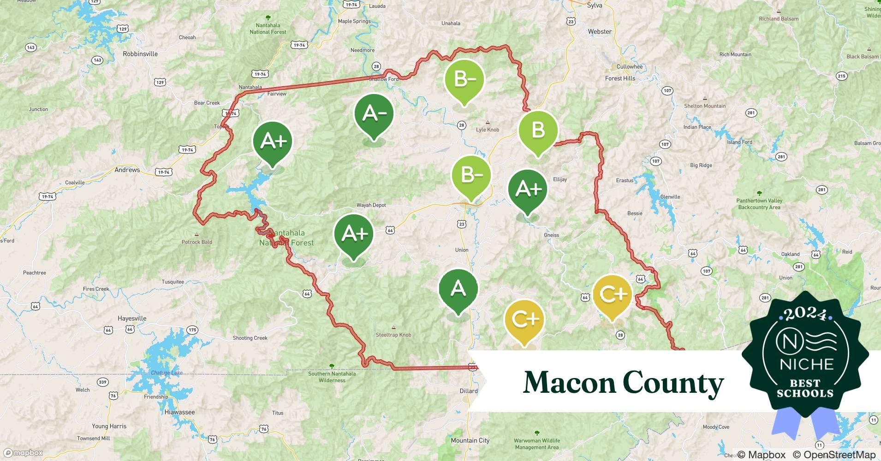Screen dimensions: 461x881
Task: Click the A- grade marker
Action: coord(374,114)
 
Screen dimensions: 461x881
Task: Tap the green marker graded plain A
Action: coord(458,289)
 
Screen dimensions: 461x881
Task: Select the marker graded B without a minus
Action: coord(538,131)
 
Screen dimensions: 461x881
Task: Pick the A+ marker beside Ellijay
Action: coord(528,189)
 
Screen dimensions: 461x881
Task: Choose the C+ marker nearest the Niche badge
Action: coord(612,294)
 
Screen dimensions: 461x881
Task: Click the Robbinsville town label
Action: coord(140,54)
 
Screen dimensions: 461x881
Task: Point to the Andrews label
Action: coord(127,170)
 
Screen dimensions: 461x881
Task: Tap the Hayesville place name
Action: coord(132,319)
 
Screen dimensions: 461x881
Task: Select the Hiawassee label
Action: coord(179,412)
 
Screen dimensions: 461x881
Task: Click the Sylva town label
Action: coord(595,6)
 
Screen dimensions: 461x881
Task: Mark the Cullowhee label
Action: coord(630,67)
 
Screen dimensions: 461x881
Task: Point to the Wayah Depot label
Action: coord(371,205)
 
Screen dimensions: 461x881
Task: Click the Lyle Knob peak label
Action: coord(488,130)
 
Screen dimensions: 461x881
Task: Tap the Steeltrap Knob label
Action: coord(393,335)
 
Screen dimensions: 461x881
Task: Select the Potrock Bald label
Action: coord(197,242)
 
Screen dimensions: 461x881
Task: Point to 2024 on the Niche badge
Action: coord(805,314)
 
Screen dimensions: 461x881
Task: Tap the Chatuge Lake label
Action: coord(167,372)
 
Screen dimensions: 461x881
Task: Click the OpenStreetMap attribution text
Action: coord(833,455)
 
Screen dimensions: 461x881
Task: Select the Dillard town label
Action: coord(469,391)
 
